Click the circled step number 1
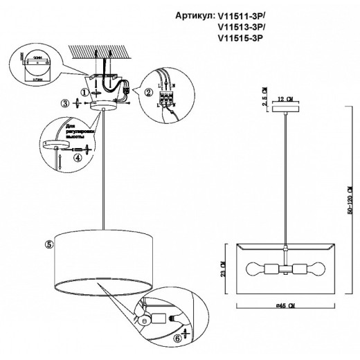pyautogui.click(x=84, y=91)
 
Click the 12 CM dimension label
pyautogui.click(x=282, y=98)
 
